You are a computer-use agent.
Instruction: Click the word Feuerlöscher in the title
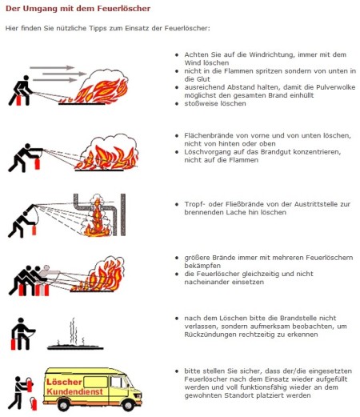[x=123, y=9]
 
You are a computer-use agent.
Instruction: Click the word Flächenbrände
[x=209, y=135]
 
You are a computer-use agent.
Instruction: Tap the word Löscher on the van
[x=64, y=382]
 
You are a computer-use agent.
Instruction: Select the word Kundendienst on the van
[x=74, y=391]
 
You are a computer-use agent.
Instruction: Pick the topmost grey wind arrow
[x=52, y=67]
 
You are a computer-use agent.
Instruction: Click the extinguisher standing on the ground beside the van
[x=34, y=404]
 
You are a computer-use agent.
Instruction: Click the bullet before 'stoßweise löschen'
[x=177, y=103]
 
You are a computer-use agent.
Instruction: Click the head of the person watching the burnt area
[x=21, y=320]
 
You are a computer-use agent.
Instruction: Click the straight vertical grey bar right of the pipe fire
[x=123, y=215]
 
